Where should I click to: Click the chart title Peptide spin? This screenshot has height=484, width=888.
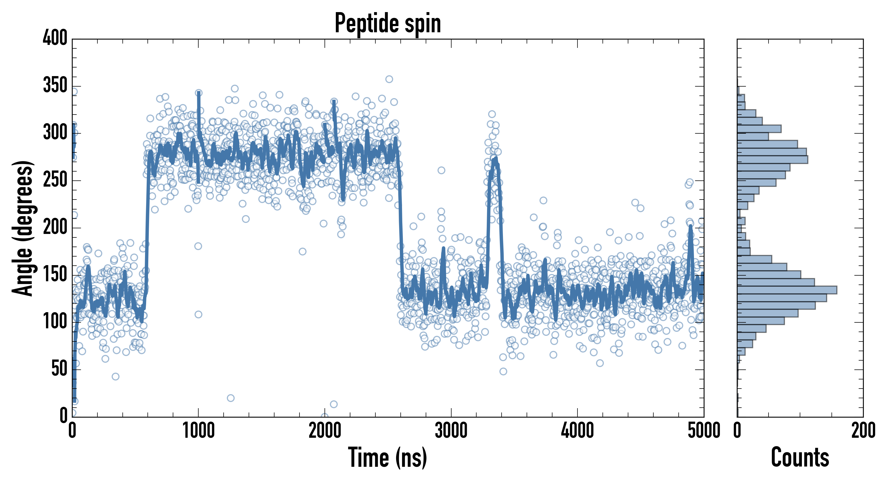tap(388, 23)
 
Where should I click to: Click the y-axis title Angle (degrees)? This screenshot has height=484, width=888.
tap(23, 228)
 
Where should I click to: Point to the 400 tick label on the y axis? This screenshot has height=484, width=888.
tap(55, 38)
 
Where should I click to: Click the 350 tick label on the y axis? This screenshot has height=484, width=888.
tap(55, 86)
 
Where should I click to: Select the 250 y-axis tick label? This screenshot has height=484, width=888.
tap(55, 180)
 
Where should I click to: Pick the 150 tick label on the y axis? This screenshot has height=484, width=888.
tap(55, 275)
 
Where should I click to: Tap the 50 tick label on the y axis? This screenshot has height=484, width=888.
tap(59, 369)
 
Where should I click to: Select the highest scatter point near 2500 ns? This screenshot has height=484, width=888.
tap(389, 79)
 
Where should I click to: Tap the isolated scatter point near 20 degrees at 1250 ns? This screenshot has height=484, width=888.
tap(231, 398)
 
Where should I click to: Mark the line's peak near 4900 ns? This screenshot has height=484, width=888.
tap(690, 226)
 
